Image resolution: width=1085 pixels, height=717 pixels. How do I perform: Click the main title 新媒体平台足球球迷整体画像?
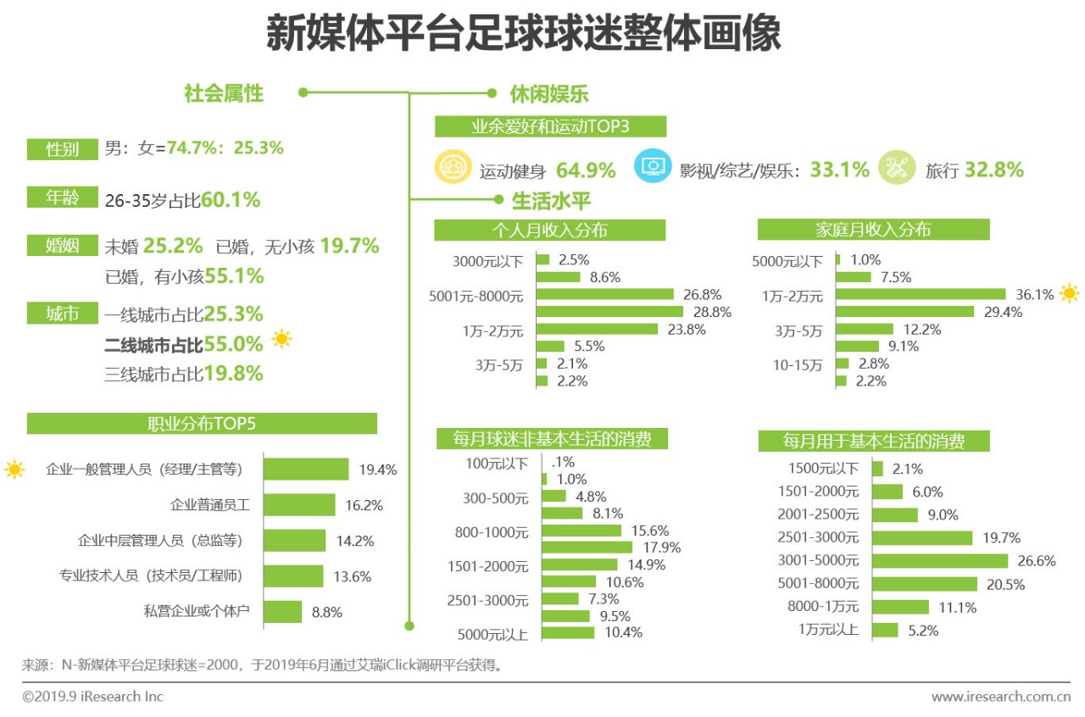click(523, 35)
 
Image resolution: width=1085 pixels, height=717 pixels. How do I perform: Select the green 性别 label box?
click(62, 149)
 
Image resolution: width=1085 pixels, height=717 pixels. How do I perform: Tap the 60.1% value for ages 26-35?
click(231, 201)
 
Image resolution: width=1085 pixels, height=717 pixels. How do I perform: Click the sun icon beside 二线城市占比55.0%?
click(281, 340)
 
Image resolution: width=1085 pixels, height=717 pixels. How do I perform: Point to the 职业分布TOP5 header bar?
click(202, 424)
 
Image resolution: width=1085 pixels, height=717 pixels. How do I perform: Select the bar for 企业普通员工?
click(299, 505)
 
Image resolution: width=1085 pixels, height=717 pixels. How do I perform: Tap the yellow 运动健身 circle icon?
click(452, 168)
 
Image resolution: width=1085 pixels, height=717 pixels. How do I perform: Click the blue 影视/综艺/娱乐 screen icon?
click(651, 168)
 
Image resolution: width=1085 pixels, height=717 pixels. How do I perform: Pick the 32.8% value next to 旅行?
click(993, 170)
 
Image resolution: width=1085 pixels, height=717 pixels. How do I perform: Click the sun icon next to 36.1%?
click(1070, 294)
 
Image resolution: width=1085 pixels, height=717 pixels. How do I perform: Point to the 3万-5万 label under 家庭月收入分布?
click(798, 329)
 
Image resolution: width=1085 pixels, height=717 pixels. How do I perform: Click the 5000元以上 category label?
click(492, 632)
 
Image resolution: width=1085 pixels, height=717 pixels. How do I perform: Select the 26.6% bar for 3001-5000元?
click(939, 561)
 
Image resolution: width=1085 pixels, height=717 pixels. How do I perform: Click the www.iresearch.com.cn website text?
click(1001, 697)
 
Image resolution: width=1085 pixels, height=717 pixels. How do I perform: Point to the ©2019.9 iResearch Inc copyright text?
click(92, 697)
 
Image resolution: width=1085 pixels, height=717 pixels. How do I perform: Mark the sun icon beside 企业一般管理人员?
click(14, 469)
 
